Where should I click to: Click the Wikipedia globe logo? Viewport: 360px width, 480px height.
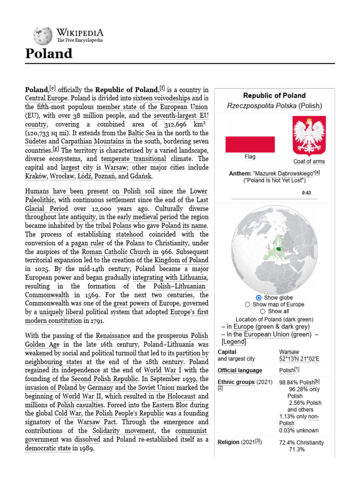[x=42, y=36]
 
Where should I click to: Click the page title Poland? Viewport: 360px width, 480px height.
[x=49, y=54]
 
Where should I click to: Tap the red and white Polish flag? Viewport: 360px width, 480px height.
[x=250, y=144]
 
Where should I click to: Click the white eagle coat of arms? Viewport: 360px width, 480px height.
[x=308, y=136]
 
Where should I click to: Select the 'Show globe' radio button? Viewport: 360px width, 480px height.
[x=259, y=298]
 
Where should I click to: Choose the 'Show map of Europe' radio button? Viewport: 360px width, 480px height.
[x=247, y=304]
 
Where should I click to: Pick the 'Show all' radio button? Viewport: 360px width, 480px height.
[x=262, y=311]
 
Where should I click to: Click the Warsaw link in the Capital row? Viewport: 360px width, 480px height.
[x=289, y=352]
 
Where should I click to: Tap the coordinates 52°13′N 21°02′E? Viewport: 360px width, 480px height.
[x=299, y=359]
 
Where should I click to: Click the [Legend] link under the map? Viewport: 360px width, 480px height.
[x=233, y=342]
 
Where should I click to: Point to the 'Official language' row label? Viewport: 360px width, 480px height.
[x=240, y=370]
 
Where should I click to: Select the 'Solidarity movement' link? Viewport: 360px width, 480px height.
[x=126, y=430]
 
